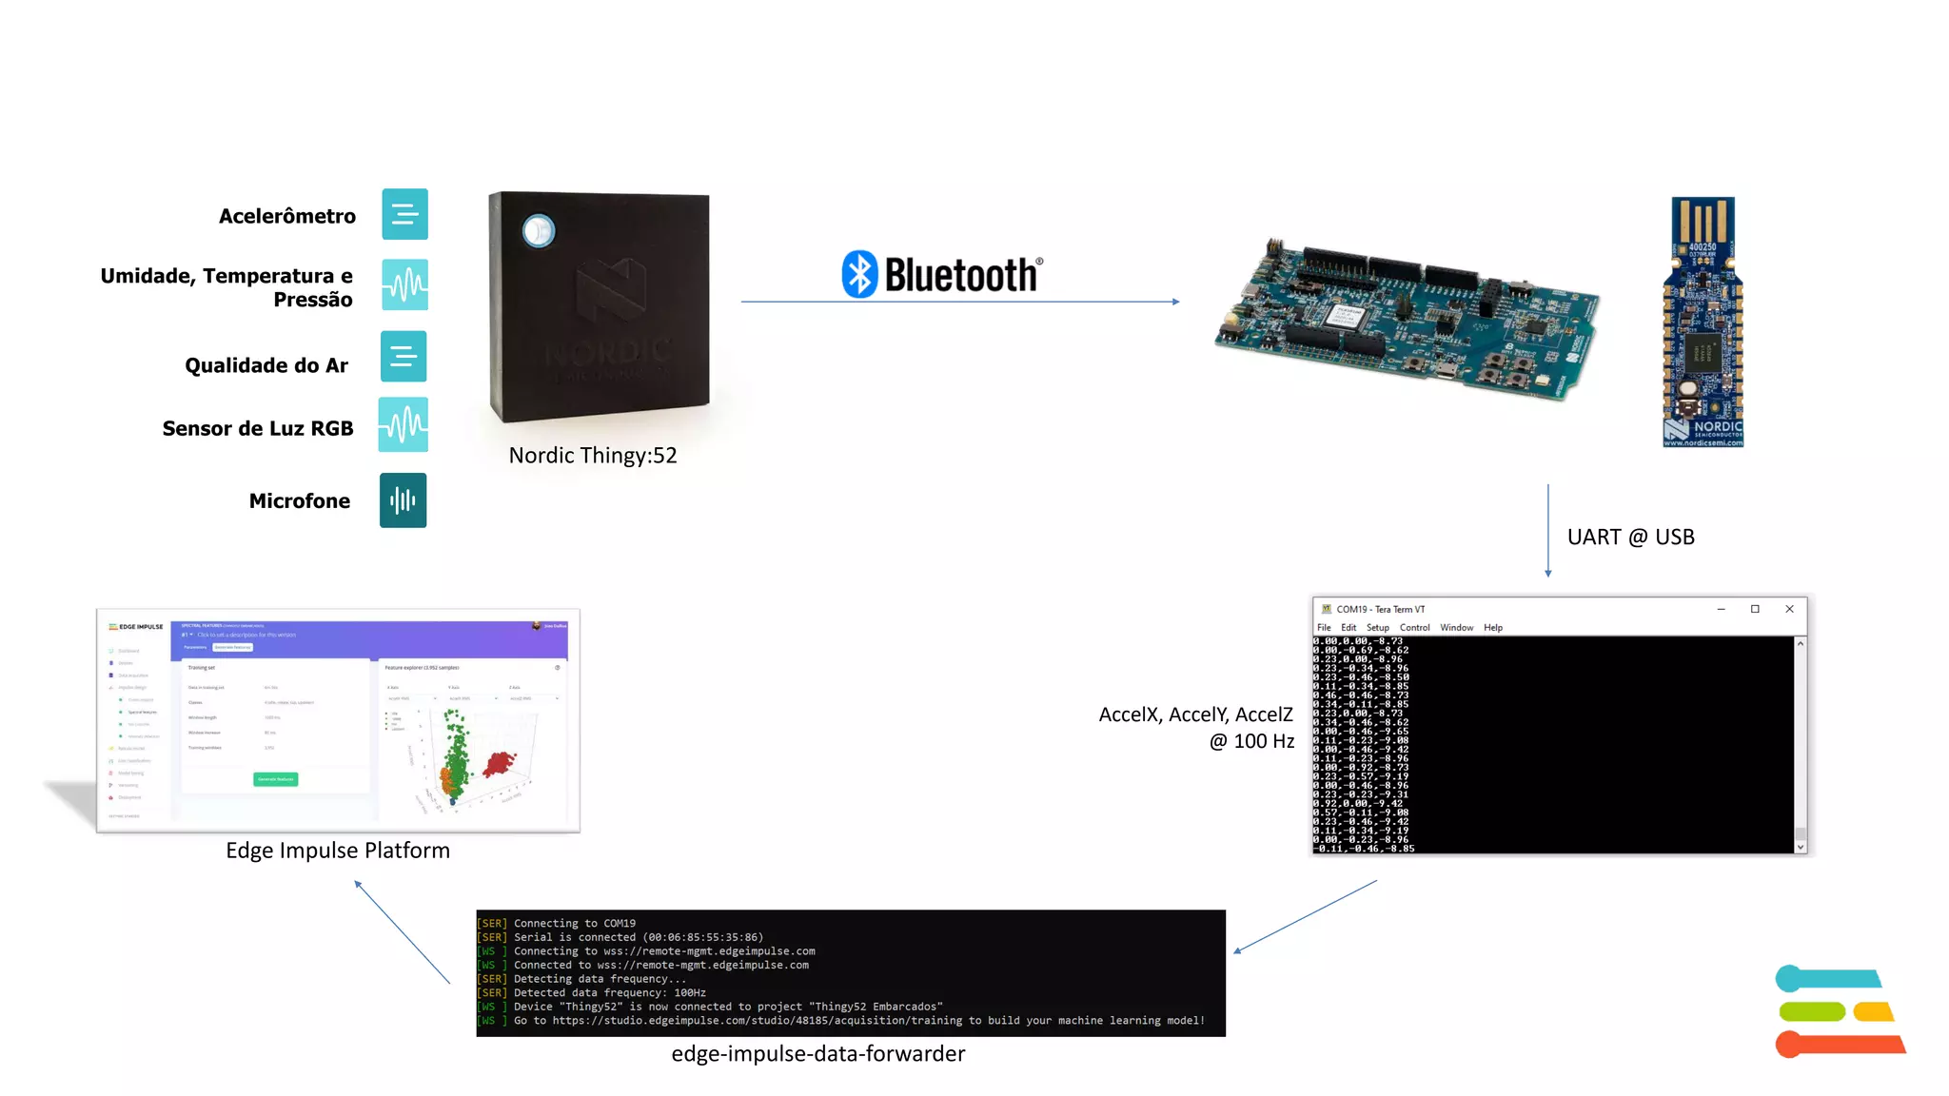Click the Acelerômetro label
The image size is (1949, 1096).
[x=286, y=216]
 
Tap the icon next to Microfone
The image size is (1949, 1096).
[x=403, y=500]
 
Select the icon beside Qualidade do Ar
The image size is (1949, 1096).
[x=404, y=356]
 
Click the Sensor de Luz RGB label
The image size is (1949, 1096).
[x=257, y=428]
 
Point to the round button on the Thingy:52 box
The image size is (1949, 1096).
[x=539, y=230]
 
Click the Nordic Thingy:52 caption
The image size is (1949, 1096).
[x=592, y=456]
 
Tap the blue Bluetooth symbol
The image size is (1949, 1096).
[x=859, y=274]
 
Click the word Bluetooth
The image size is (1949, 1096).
[x=961, y=275]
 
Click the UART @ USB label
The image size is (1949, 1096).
[x=1630, y=538]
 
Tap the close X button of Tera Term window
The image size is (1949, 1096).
[x=1789, y=609]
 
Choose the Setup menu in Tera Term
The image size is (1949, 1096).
[x=1377, y=628]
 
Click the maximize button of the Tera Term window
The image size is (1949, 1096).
[x=1755, y=609]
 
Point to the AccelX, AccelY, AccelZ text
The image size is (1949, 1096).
[x=1195, y=715]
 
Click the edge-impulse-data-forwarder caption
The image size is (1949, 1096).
[x=817, y=1054]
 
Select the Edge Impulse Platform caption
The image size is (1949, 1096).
[x=338, y=851]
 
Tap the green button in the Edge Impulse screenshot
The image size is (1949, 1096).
[x=276, y=779]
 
